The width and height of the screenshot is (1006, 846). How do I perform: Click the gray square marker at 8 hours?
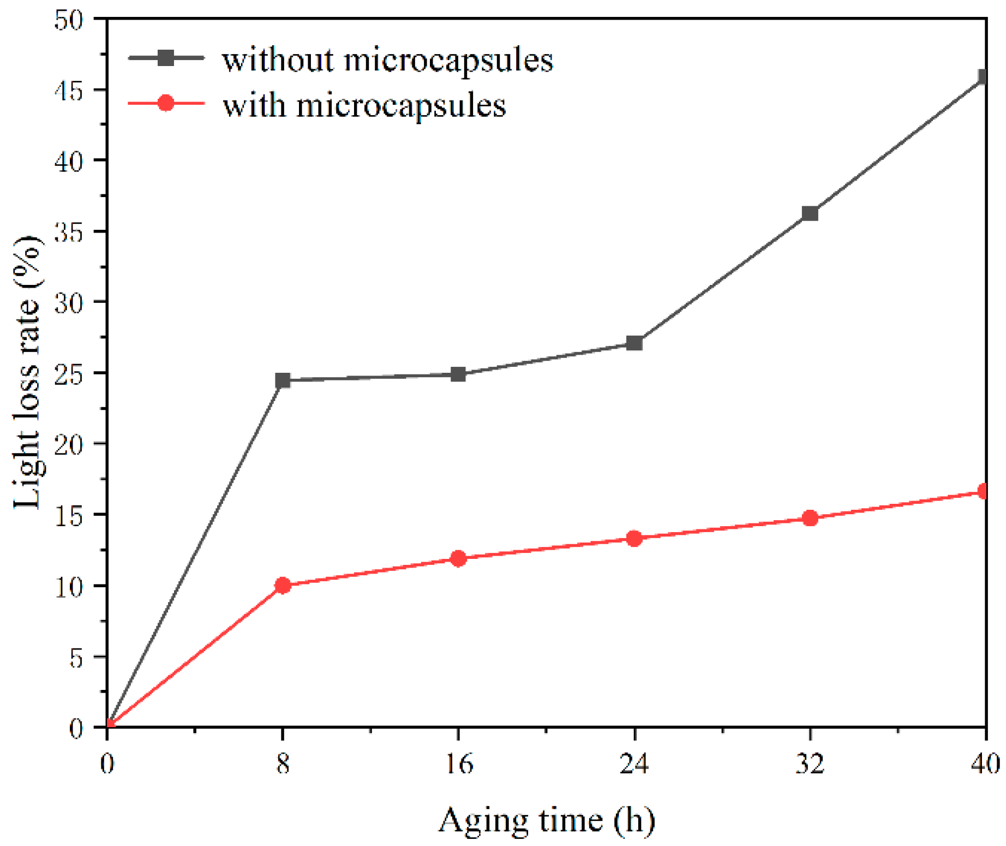pyautogui.click(x=283, y=380)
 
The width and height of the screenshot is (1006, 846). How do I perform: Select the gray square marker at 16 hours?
pyautogui.click(x=458, y=374)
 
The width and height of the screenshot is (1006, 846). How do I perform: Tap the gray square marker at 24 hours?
pyautogui.click(x=634, y=343)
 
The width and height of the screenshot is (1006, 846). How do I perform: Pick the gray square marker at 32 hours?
pyautogui.click(x=810, y=213)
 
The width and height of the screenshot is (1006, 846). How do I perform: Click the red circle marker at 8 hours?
pyautogui.click(x=283, y=586)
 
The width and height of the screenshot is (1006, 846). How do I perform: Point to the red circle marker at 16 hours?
pyautogui.click(x=458, y=558)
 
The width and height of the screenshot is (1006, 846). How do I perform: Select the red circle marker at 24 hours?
pyautogui.click(x=634, y=539)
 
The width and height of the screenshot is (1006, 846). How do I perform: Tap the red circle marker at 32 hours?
pyautogui.click(x=810, y=518)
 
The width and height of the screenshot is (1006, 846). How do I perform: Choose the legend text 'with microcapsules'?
pyautogui.click(x=364, y=105)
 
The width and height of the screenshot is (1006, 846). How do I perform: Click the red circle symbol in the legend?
pyautogui.click(x=166, y=103)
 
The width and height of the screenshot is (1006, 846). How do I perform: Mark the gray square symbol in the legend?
pyautogui.click(x=166, y=57)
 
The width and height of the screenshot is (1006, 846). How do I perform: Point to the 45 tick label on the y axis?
pyautogui.click(x=69, y=91)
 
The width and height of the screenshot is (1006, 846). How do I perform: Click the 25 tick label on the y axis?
pyautogui.click(x=69, y=374)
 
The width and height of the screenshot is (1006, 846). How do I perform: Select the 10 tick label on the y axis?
pyautogui.click(x=69, y=587)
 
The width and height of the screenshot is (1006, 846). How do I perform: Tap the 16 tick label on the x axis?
pyautogui.click(x=459, y=764)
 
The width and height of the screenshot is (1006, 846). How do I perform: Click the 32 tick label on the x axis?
pyautogui.click(x=810, y=764)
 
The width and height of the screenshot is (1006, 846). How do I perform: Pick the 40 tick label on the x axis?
pyautogui.click(x=985, y=764)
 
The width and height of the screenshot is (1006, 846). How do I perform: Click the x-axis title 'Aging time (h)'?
pyautogui.click(x=547, y=820)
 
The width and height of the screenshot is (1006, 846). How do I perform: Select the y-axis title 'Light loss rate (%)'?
pyautogui.click(x=27, y=372)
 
